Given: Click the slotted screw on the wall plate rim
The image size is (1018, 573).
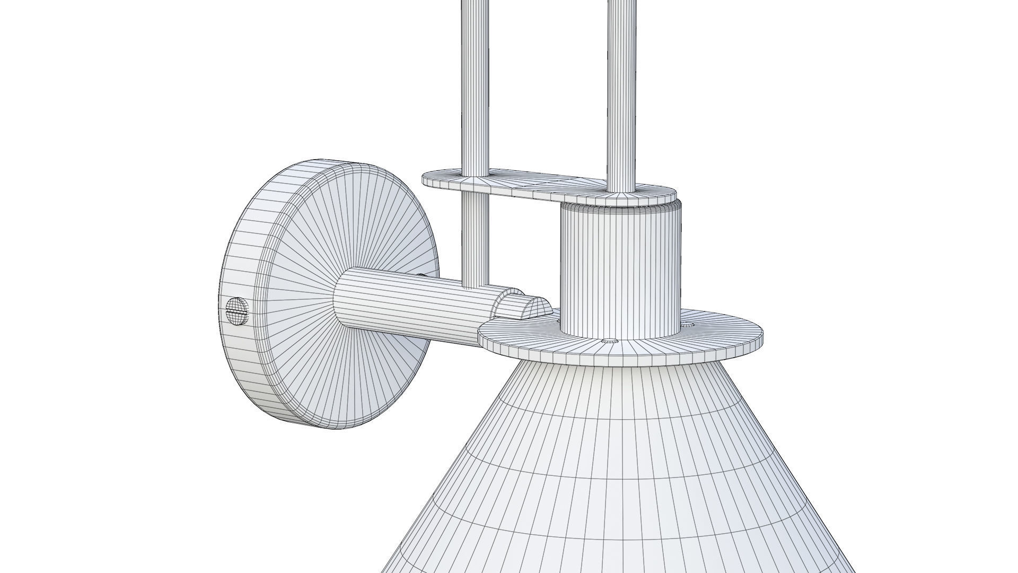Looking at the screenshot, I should [237, 311].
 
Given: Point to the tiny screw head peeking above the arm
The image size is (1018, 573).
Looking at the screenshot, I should [422, 275].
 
